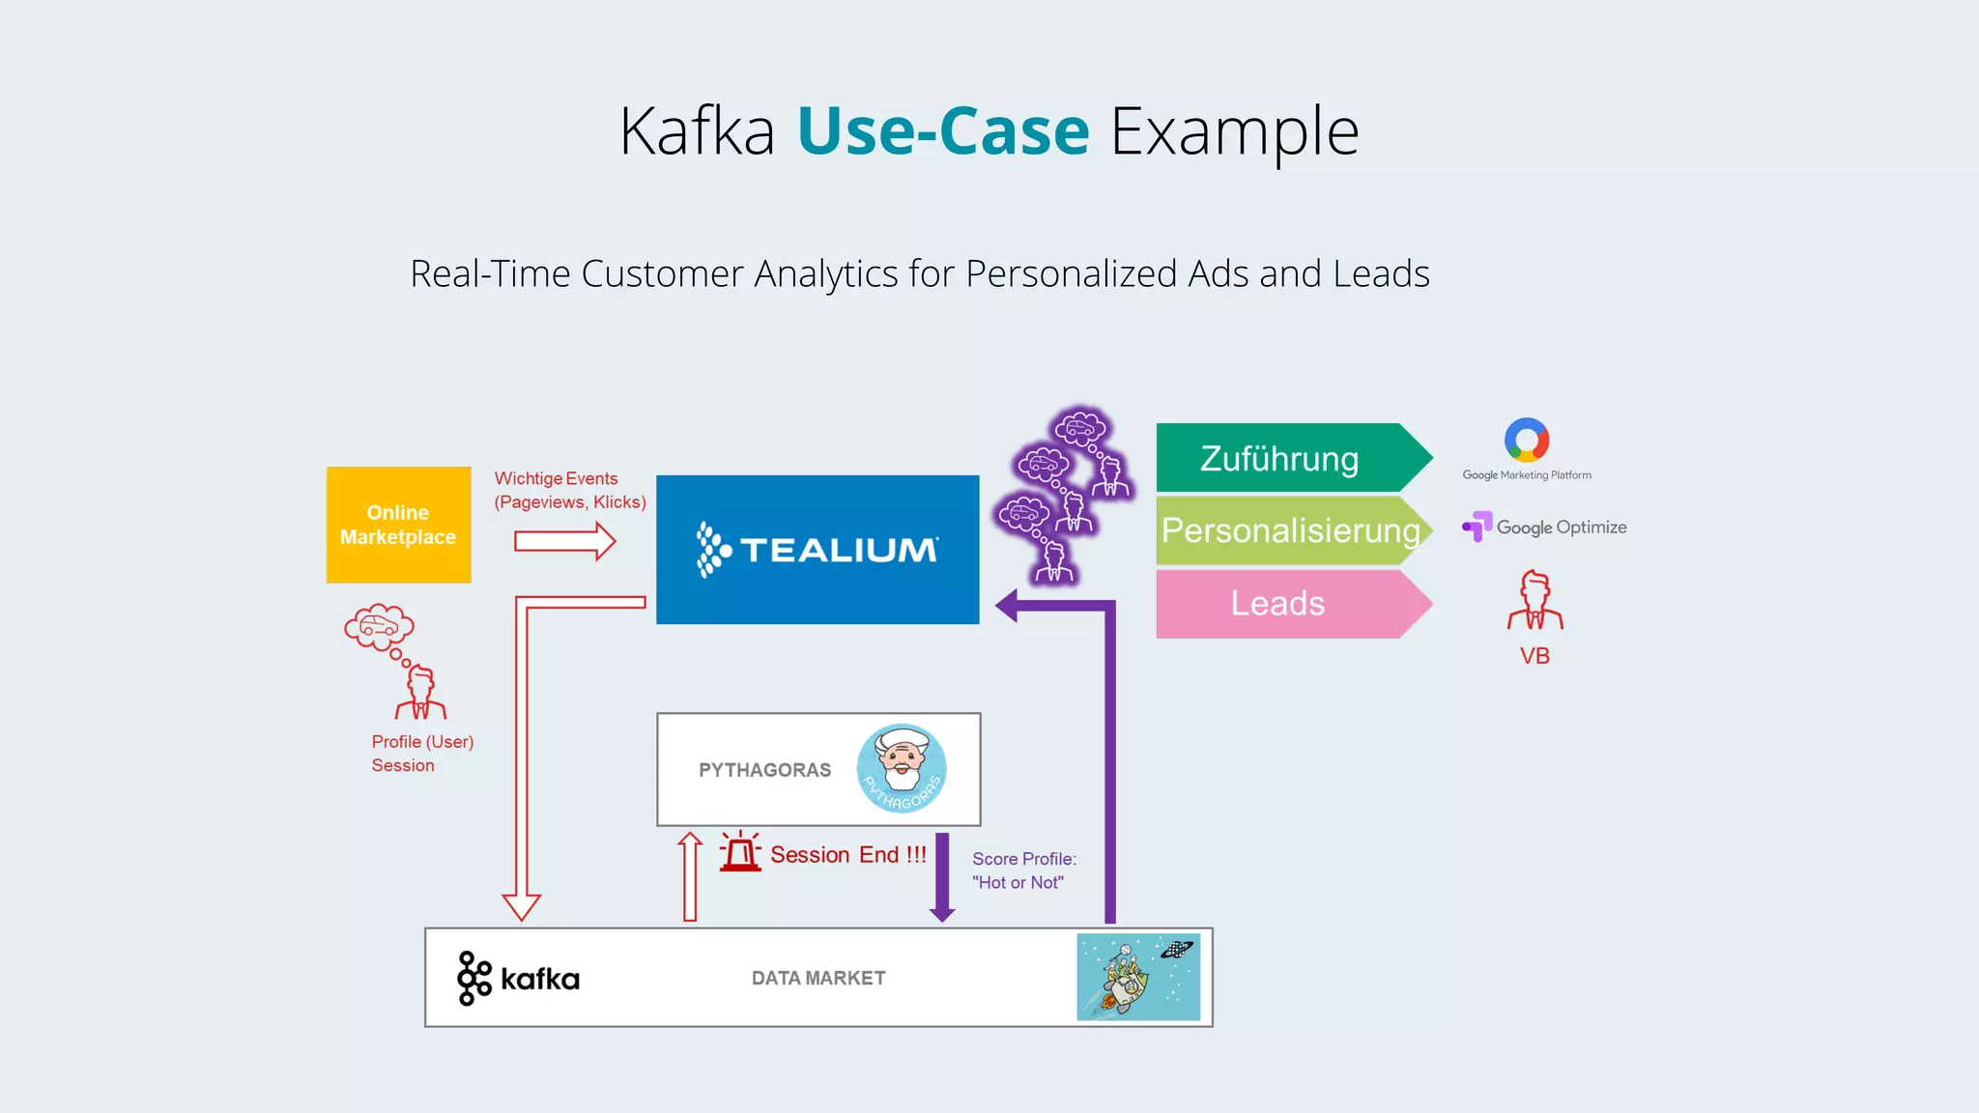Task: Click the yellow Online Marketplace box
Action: coord(398,525)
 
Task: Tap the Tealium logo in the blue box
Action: coord(817,550)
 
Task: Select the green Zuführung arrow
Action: coord(1280,458)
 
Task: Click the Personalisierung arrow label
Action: coord(1290,530)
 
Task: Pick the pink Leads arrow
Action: coord(1278,604)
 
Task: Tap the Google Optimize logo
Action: coord(1544,528)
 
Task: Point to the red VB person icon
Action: coord(1534,601)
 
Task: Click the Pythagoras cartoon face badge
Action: coord(902,769)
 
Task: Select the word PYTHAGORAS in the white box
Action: coord(764,770)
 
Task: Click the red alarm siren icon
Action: coord(741,852)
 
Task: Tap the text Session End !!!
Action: coord(847,855)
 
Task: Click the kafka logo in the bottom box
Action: coord(518,979)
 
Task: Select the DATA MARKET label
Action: coord(818,978)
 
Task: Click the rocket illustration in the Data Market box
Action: coord(1138,977)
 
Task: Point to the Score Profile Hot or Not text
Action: coord(1023,870)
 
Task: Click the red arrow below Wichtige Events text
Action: coord(564,541)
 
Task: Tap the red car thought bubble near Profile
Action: coord(379,628)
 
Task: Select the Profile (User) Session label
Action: coord(422,754)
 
